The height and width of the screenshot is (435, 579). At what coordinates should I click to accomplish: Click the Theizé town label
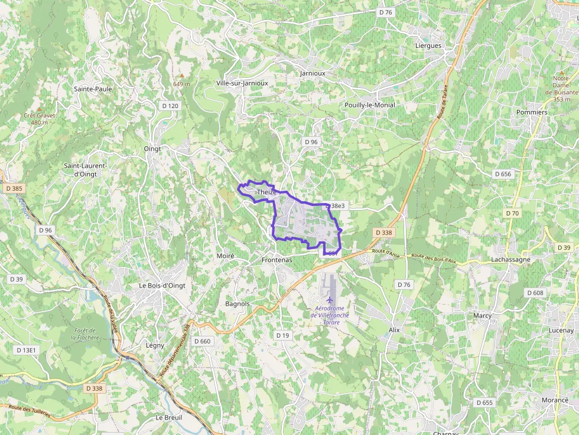click(267, 192)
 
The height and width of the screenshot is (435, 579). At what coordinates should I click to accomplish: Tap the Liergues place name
click(428, 45)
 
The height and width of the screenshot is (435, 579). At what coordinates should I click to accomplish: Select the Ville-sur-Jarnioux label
click(242, 83)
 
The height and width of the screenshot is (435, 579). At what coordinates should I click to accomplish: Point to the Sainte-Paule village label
click(93, 89)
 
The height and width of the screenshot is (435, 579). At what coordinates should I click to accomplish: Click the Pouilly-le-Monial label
click(370, 105)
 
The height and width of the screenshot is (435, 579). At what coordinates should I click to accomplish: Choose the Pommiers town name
click(532, 112)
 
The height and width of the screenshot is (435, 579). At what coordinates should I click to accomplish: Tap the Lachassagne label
click(511, 259)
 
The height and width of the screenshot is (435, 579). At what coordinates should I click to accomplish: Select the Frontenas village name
click(277, 260)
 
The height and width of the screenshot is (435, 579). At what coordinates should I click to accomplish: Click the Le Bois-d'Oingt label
click(162, 286)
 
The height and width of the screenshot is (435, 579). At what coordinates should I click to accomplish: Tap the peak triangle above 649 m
click(182, 76)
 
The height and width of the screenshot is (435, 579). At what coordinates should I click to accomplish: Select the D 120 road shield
click(170, 106)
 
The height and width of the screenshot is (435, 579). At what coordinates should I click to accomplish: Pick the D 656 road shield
click(502, 174)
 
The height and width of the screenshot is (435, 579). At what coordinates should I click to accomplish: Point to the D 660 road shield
click(202, 341)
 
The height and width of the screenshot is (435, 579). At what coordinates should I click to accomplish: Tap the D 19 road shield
click(282, 335)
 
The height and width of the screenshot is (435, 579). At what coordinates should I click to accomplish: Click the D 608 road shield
click(535, 293)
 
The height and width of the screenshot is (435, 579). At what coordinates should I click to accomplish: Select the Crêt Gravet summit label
click(40, 119)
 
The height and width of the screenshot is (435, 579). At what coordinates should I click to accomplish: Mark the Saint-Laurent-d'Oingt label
click(86, 169)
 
